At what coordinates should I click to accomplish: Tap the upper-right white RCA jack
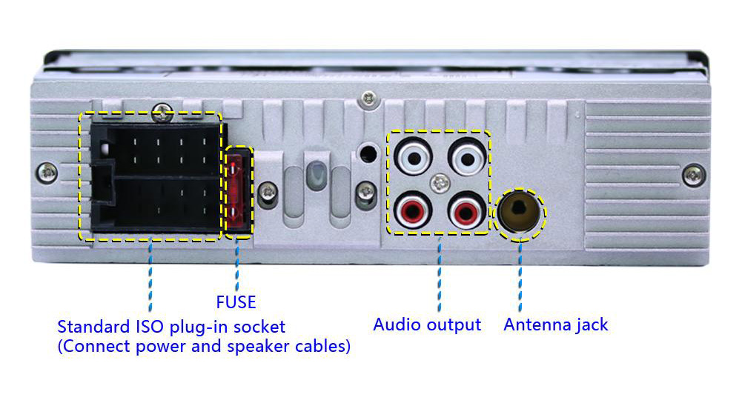point(467,157)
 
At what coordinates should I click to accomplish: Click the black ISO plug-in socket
point(152,178)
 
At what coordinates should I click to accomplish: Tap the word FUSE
point(236,302)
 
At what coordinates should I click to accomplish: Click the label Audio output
point(427,325)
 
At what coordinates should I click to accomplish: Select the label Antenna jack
point(556,325)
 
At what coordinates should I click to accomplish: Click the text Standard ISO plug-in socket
point(171,327)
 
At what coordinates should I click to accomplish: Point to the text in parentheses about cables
point(204,346)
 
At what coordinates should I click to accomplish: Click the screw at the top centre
point(368,98)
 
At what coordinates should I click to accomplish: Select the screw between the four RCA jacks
point(440,182)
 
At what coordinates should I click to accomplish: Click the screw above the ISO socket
point(160,113)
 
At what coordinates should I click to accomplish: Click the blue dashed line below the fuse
point(236,267)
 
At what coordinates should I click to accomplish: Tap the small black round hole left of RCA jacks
point(365,154)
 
